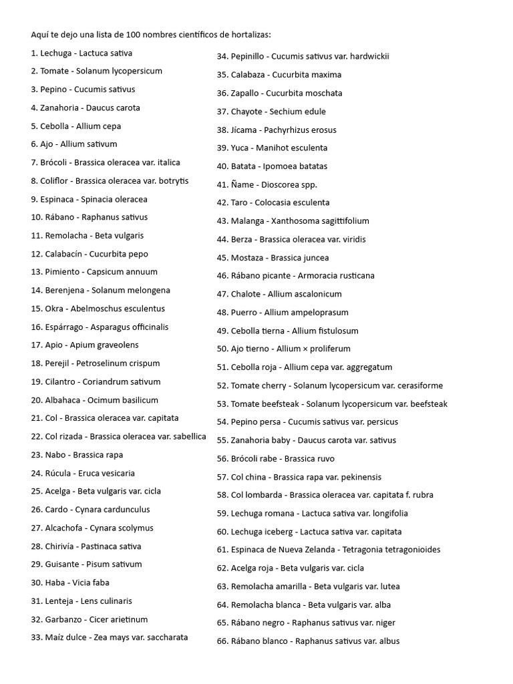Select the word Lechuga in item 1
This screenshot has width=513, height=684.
click(55, 53)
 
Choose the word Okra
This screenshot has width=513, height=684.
click(54, 309)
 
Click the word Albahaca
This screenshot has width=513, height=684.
click(63, 400)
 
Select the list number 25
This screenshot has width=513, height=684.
click(36, 492)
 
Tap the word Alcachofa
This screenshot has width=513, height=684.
click(65, 528)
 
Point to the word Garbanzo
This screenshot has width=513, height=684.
click(63, 620)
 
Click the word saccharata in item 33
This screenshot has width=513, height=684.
click(167, 638)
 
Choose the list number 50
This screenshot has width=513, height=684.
click(222, 349)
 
